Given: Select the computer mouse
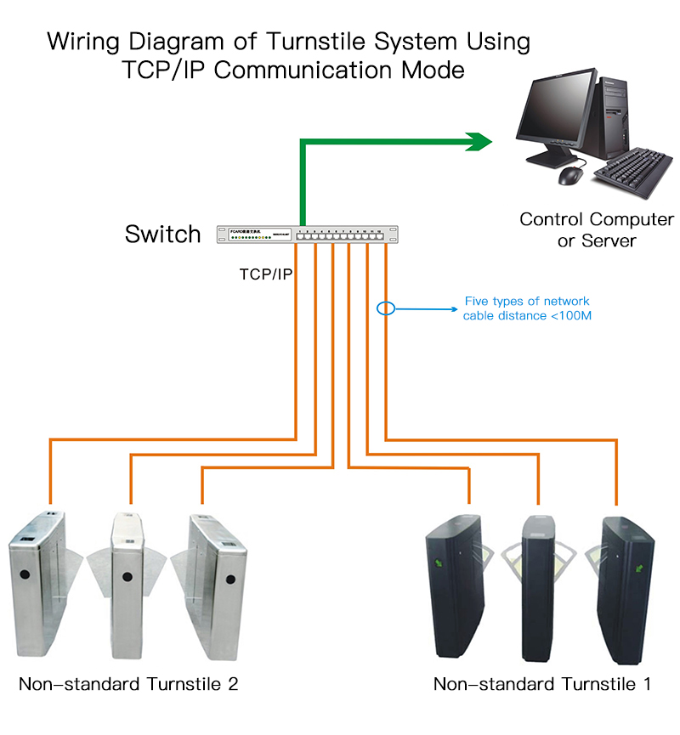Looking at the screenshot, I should [570, 176].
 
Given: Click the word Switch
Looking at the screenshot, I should [163, 235].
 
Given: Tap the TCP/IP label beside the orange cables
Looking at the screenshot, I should [265, 275].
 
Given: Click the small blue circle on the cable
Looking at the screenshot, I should [386, 308].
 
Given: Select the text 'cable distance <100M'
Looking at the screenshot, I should [527, 316].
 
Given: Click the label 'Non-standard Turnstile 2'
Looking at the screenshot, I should [128, 685].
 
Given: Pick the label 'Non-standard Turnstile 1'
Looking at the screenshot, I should [542, 685].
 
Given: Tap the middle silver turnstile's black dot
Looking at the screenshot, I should [127, 577].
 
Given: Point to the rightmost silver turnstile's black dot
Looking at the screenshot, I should [229, 580].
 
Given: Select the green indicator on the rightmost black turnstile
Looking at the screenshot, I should [638, 562].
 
